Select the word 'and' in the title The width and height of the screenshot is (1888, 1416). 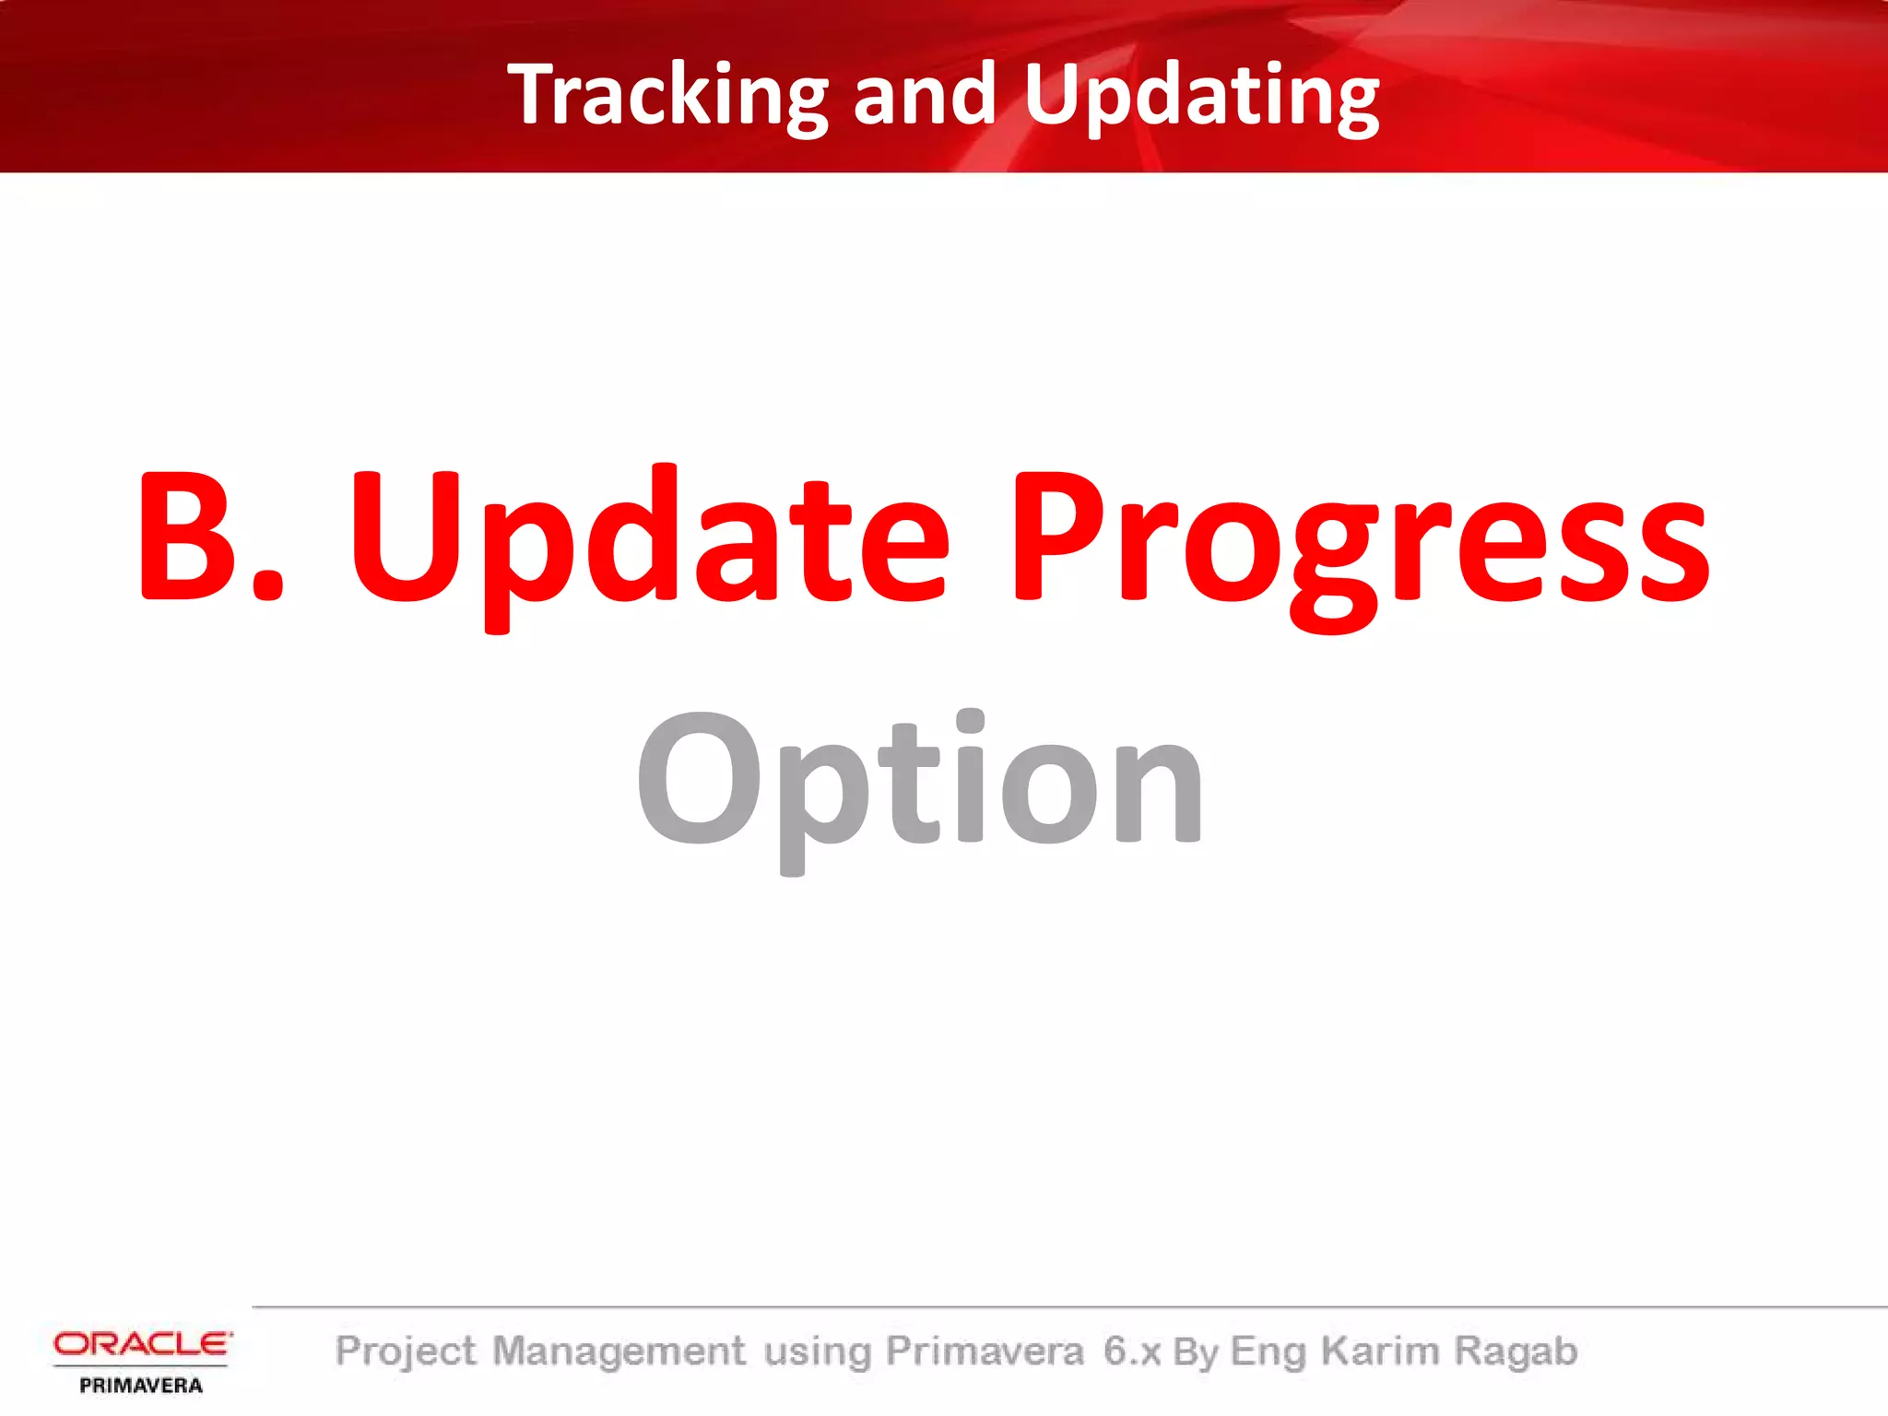tap(925, 95)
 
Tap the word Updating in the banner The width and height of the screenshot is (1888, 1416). tap(1201, 95)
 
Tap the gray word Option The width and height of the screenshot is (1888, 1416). tap(919, 784)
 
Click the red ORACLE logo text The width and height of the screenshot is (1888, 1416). tap(142, 1343)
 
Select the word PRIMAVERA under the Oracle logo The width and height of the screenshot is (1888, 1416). tap(141, 1385)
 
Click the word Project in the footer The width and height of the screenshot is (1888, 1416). tap(406, 1351)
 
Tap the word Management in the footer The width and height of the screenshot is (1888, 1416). tap(619, 1351)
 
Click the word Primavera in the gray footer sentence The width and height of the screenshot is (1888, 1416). tap(984, 1351)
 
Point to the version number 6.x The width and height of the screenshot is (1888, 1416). tap(1132, 1351)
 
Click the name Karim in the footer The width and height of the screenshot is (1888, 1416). tap(1379, 1351)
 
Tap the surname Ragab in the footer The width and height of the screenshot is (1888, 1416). tap(1516, 1351)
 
